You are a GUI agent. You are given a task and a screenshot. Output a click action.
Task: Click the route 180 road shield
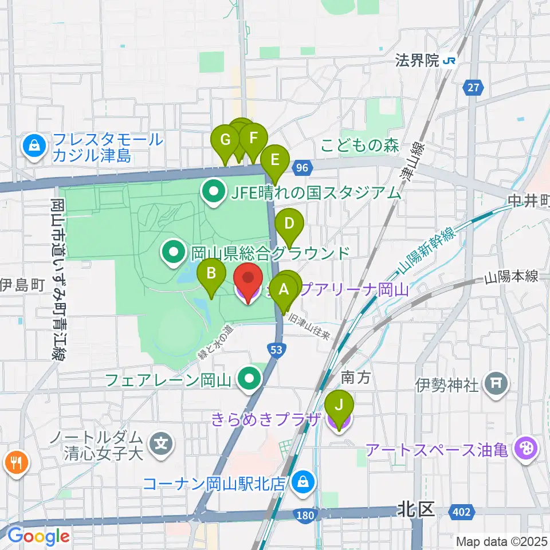coord(305,516)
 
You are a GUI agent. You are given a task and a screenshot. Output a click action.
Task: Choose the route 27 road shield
coord(473,88)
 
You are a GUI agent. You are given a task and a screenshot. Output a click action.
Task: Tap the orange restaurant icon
coord(15,463)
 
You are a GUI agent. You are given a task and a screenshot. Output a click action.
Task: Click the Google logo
coord(39,536)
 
